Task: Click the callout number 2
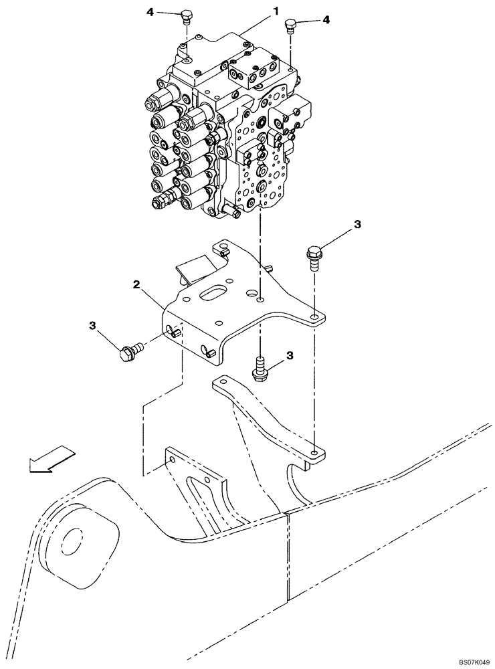coord(136,285)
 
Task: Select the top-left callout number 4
coord(150,11)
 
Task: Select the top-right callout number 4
coord(326,20)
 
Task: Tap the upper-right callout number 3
coord(358,225)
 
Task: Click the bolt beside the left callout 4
coord(187,17)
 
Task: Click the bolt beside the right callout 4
coord(290,27)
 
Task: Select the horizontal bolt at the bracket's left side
coord(130,352)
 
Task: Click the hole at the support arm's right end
coord(314,453)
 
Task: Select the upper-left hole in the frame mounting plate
coord(173,460)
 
